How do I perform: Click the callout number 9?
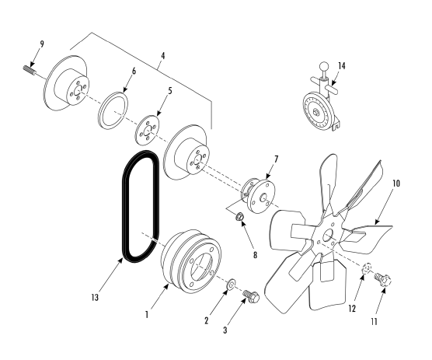[x=42, y=44]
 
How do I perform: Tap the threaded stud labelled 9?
[x=29, y=70]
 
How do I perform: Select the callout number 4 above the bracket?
[x=163, y=56]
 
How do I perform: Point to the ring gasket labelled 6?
[x=113, y=110]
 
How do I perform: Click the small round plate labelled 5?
[x=148, y=130]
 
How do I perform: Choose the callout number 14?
[x=342, y=66]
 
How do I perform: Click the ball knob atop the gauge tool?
[x=324, y=66]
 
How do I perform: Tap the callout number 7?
[x=276, y=159]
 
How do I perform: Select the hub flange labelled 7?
[x=259, y=196]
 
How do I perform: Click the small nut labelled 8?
[x=239, y=217]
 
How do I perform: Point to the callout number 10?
[x=396, y=183]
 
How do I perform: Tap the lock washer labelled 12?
[x=367, y=269]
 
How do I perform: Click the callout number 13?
[x=95, y=298]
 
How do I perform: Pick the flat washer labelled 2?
[x=230, y=285]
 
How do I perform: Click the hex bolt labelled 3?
[x=251, y=296]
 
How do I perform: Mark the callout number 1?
[x=147, y=315]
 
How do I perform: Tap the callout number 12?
[x=352, y=309]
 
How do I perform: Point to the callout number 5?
[x=169, y=90]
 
